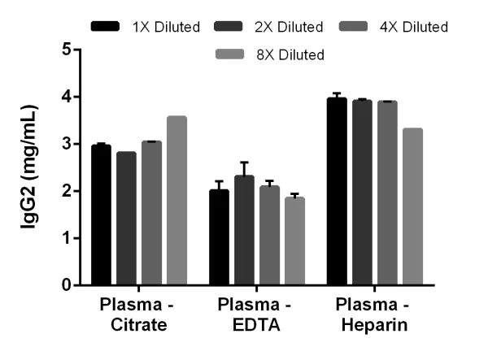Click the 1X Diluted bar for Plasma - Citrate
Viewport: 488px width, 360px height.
click(x=101, y=215)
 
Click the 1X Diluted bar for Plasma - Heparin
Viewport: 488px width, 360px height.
click(x=337, y=192)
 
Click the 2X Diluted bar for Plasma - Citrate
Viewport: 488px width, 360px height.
click(x=126, y=219)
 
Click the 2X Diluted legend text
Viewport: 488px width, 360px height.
click(x=289, y=27)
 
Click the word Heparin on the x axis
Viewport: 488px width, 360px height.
click(x=373, y=326)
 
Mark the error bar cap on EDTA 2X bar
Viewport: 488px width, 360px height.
click(x=244, y=163)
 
